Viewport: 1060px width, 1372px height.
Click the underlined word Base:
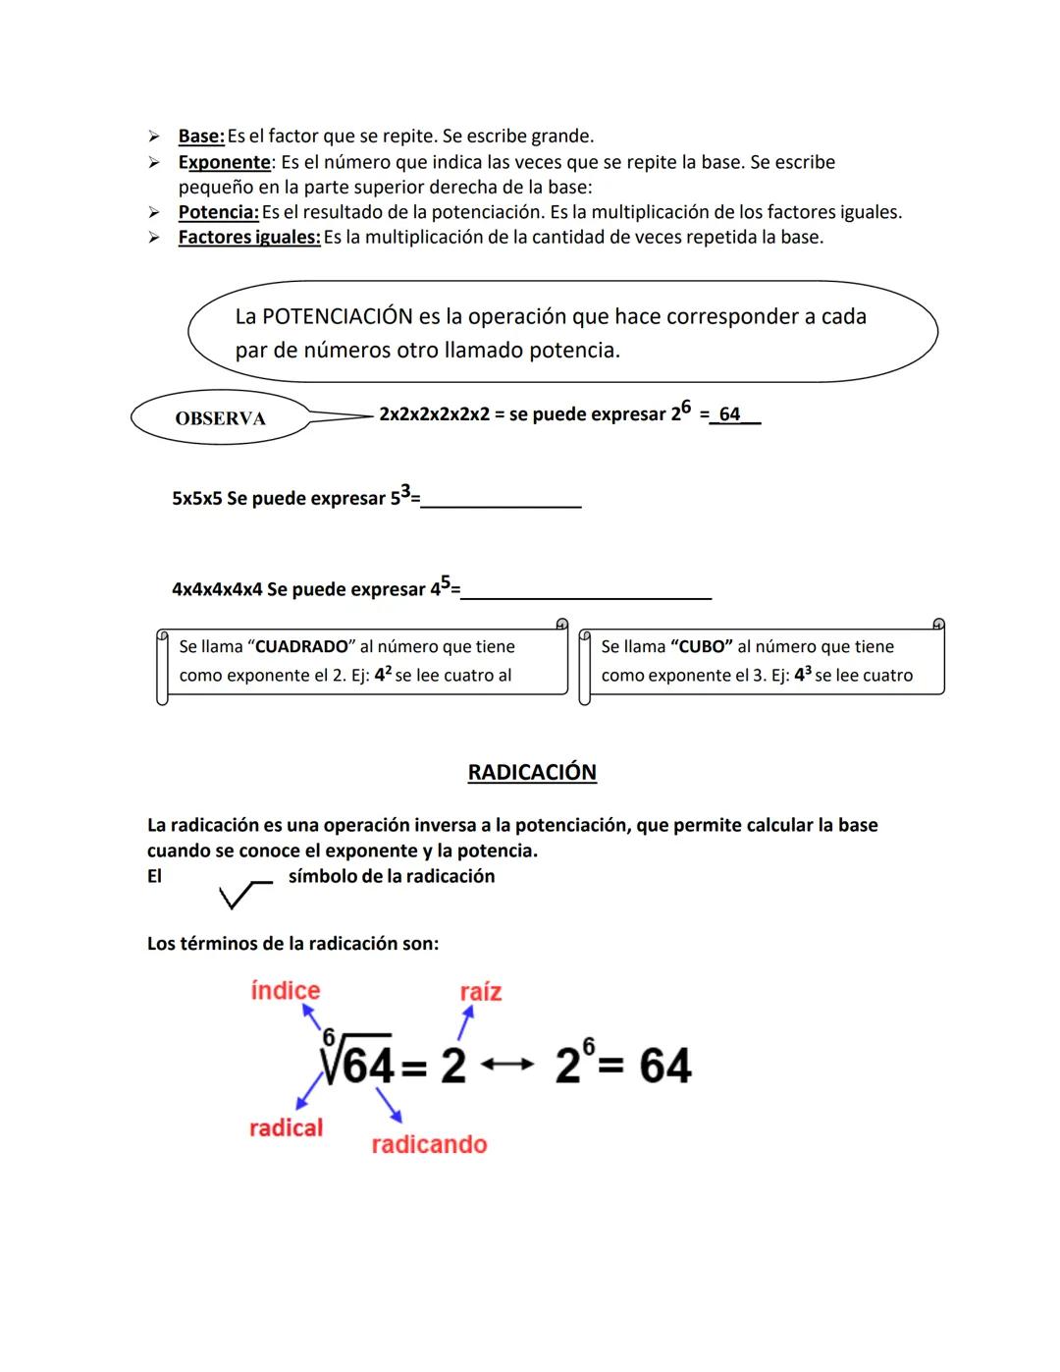(x=201, y=137)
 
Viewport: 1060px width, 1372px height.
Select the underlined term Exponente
(x=224, y=162)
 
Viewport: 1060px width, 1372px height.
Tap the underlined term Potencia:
(x=218, y=212)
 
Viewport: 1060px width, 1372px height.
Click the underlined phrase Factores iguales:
(x=249, y=238)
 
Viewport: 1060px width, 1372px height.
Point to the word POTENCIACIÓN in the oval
(x=337, y=316)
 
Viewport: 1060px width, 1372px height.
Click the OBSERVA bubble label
(x=220, y=418)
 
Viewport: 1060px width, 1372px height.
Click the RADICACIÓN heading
(x=532, y=772)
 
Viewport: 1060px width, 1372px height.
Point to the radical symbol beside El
(x=244, y=894)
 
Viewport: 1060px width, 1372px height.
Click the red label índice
(x=286, y=991)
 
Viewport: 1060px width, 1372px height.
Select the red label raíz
(x=481, y=992)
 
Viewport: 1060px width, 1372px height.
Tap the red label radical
(x=286, y=1127)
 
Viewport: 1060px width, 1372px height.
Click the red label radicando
(x=429, y=1144)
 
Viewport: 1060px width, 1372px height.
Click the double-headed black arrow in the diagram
(x=508, y=1065)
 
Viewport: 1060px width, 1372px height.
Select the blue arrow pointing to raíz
(x=465, y=1024)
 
